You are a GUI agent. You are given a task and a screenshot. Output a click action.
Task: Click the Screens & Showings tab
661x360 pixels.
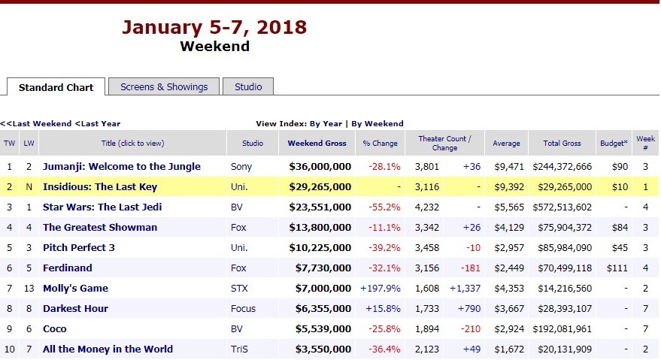(x=164, y=86)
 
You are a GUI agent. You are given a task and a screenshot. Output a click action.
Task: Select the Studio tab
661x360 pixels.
(x=248, y=86)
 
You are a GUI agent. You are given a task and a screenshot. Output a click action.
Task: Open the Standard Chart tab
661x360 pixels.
(x=56, y=87)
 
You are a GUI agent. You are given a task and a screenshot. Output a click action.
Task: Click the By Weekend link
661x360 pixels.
(x=377, y=123)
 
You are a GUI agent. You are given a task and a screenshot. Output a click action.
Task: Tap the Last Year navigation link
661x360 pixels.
(x=98, y=123)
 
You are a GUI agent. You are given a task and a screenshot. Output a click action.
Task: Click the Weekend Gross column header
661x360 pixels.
(x=317, y=143)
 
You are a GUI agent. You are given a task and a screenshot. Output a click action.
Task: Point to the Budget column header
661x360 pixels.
(x=613, y=143)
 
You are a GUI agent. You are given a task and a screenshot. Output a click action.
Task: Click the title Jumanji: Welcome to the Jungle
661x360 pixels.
(x=121, y=166)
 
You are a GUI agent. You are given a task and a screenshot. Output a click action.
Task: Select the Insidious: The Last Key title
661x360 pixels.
(x=100, y=186)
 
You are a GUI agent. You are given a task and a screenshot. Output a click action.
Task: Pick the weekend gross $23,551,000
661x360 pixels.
(x=320, y=207)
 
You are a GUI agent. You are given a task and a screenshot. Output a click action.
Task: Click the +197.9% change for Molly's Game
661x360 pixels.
(x=380, y=288)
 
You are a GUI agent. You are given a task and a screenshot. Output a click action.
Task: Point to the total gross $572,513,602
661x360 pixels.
(x=562, y=207)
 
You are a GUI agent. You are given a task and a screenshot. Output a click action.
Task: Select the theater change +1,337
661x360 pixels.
(x=465, y=288)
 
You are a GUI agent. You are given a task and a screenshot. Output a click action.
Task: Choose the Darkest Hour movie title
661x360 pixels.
(x=75, y=308)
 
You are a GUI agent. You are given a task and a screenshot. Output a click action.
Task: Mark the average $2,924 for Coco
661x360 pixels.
(x=506, y=328)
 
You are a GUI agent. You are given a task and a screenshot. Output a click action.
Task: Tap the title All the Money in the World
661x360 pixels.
(x=108, y=349)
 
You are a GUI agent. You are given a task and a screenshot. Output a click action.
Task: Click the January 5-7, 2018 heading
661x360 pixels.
(x=214, y=28)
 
